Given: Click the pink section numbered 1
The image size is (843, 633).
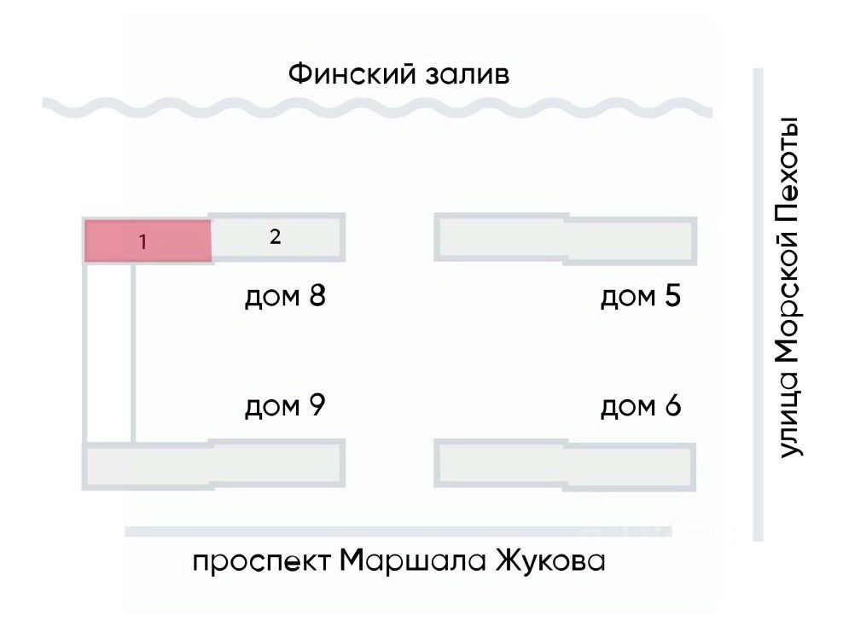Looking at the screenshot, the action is (x=148, y=241).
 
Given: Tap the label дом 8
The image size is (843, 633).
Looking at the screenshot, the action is (x=286, y=296).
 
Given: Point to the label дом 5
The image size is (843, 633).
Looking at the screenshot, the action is (x=641, y=296).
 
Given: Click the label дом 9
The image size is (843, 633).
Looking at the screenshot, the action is (x=286, y=406).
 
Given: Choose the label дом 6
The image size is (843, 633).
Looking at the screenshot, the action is (x=641, y=406).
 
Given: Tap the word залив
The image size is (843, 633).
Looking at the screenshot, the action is (x=468, y=75).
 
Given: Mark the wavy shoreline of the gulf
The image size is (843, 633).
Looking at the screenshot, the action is (x=377, y=107).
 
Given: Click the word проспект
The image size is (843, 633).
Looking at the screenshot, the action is (x=262, y=562).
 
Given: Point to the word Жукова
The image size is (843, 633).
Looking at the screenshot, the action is (x=550, y=560).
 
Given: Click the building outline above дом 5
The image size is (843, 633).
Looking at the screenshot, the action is (x=566, y=239).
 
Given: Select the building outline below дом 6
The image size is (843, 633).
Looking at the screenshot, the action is (x=566, y=465).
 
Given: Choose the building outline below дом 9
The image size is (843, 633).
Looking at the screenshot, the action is (x=213, y=465).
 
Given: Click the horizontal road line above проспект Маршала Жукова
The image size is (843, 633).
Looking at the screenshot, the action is (x=398, y=531).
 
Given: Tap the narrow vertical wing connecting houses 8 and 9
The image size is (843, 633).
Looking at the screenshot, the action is (x=108, y=352).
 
